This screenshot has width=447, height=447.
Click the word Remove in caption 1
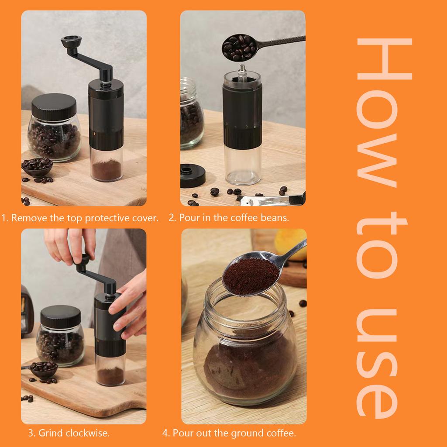tap(29, 218)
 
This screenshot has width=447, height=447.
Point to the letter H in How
tap(384, 59)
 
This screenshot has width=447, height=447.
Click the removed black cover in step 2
tap(193, 175)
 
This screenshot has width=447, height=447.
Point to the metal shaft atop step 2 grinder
tap(241, 70)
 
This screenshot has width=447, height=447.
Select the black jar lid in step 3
tap(60, 316)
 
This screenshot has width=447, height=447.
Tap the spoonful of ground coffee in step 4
tap(251, 275)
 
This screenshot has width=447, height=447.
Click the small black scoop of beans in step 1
tap(37, 166)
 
